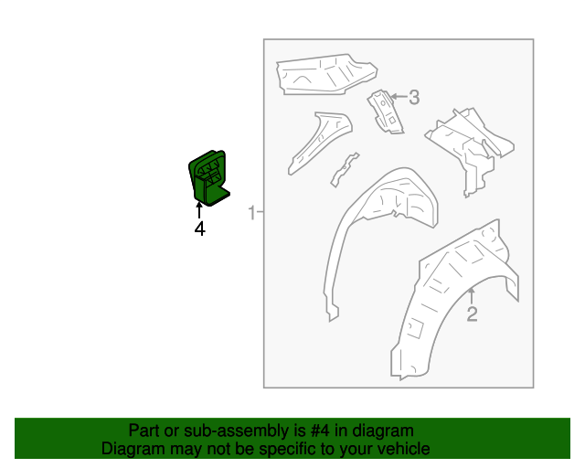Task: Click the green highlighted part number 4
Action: (208, 177)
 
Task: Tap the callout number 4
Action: (199, 229)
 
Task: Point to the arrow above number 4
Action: (199, 209)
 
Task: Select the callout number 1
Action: (252, 212)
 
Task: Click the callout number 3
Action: (414, 98)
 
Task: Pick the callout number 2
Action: (472, 314)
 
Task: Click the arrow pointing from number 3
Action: (399, 97)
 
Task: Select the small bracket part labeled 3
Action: (385, 111)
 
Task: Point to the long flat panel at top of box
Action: (325, 75)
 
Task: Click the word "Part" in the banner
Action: (144, 431)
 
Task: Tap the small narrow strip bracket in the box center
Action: (345, 170)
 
